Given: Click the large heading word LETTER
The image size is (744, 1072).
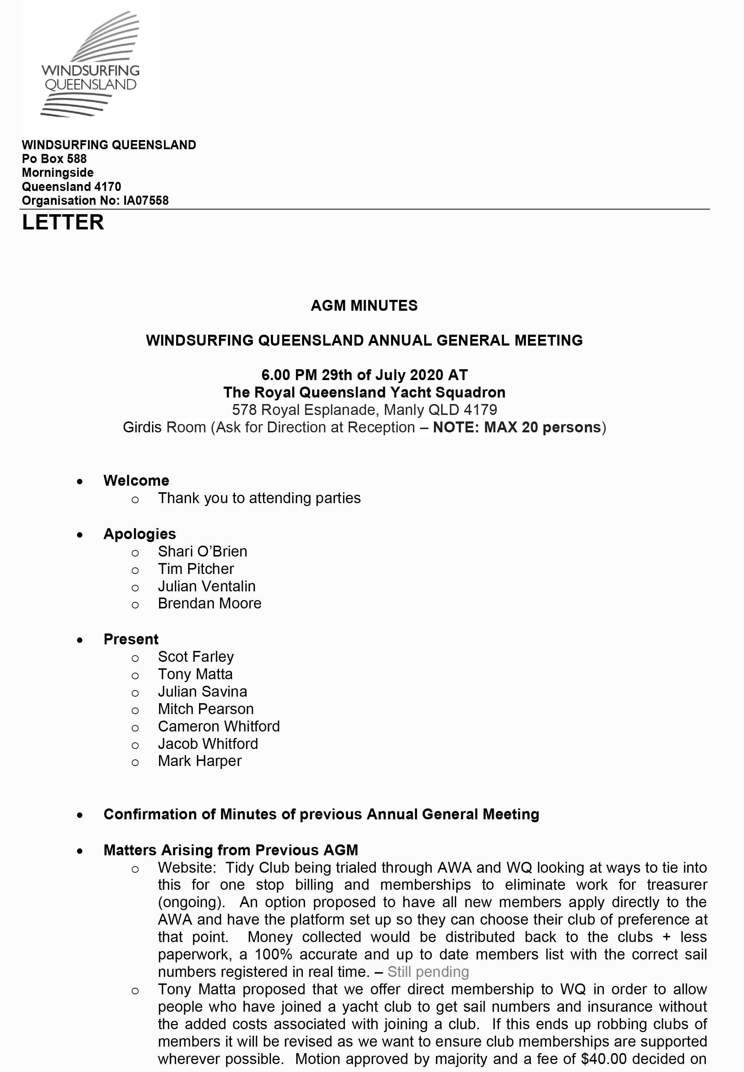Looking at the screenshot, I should tap(63, 222).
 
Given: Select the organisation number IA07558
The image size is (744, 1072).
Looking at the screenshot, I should tap(146, 200).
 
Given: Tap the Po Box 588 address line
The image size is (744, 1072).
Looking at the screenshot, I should tap(54, 159).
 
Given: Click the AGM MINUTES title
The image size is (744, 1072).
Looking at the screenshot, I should tap(364, 306).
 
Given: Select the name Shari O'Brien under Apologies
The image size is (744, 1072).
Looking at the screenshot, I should tap(202, 551).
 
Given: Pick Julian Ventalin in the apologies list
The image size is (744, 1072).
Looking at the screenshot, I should tap(207, 586).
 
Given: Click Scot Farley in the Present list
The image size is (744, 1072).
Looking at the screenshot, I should tap(196, 657).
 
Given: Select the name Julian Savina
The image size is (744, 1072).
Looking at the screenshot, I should tap(202, 691).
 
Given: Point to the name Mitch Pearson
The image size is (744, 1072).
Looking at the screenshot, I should tap(206, 709).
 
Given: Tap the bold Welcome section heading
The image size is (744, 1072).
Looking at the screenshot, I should tap(136, 481).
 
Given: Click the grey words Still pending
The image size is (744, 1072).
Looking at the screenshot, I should tap(428, 972).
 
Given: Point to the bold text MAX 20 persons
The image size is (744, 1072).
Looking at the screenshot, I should tap(542, 427).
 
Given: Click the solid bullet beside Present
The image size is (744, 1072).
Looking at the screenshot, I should tap(80, 640).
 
